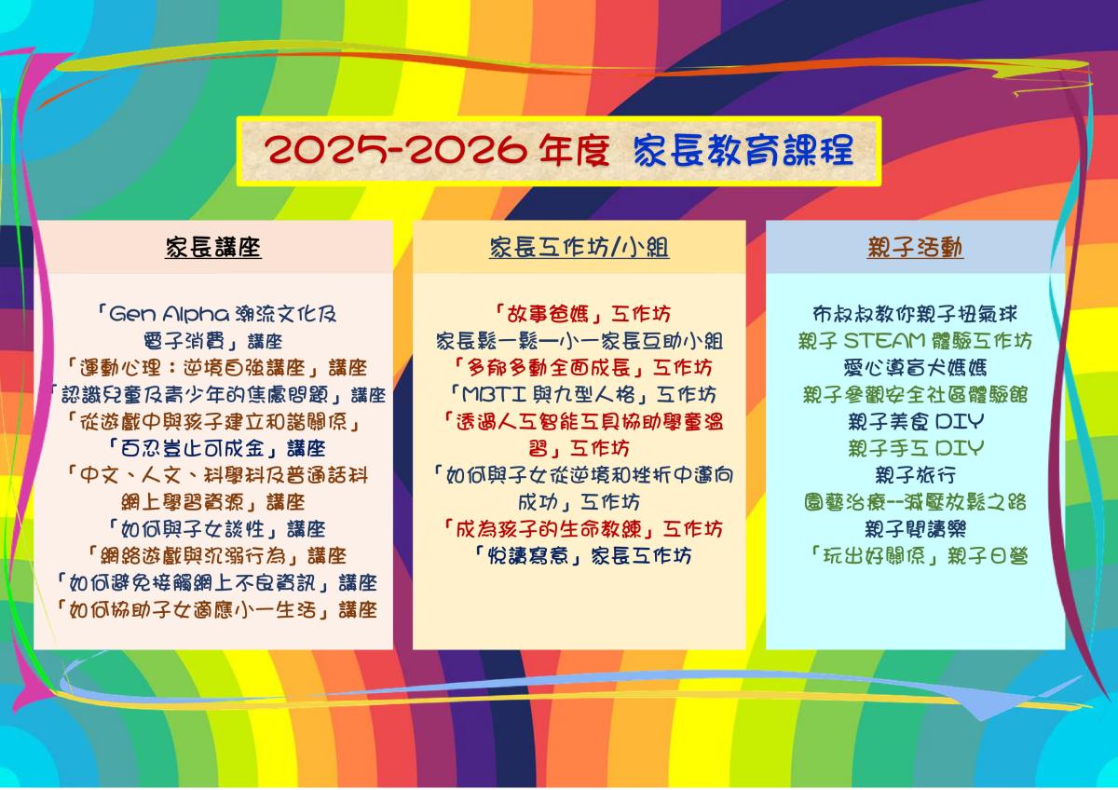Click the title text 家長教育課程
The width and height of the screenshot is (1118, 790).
[x=743, y=150]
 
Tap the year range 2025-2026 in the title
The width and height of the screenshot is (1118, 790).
[x=395, y=150]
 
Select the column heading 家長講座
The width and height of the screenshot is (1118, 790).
[x=213, y=247]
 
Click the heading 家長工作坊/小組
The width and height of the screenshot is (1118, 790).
[x=579, y=247]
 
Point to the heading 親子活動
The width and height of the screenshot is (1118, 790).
[x=915, y=247]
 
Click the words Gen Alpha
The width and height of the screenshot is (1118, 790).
[x=169, y=314]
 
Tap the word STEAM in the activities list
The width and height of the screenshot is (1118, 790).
[x=884, y=341]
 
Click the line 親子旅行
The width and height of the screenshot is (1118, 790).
[x=915, y=475]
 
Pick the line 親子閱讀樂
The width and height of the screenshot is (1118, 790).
[x=915, y=529]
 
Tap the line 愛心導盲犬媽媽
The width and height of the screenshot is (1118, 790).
[x=915, y=368]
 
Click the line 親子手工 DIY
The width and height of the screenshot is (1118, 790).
[x=915, y=448]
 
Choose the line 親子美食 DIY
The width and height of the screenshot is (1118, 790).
[x=915, y=422]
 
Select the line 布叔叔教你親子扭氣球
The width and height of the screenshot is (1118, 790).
[x=915, y=314]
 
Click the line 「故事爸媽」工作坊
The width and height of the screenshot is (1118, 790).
[x=582, y=314]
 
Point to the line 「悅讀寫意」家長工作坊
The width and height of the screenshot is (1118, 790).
[x=582, y=555]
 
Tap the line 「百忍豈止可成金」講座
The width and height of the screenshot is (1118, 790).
[x=216, y=448]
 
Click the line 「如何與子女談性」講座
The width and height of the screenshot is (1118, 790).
[x=216, y=529]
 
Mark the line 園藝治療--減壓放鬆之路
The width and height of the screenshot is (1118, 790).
[x=915, y=502]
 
